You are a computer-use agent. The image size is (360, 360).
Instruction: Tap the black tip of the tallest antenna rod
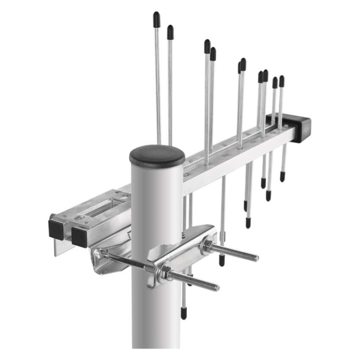156,19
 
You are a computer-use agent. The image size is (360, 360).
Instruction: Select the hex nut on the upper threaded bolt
208,246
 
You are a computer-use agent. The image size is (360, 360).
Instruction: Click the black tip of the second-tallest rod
170,31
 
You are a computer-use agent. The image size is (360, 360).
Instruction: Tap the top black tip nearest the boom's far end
282,81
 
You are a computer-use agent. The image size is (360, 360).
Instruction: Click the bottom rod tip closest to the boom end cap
282,175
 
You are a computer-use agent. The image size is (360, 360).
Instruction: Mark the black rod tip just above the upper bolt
221,260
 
